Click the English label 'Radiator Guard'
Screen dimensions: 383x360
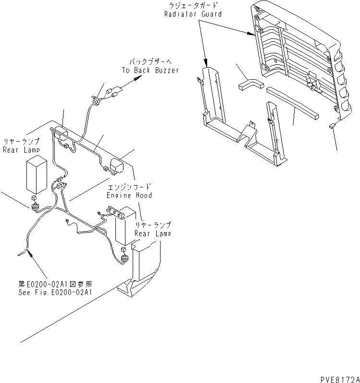(192, 14)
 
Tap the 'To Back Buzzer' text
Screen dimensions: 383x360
(150, 70)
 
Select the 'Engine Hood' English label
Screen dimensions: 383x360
(130, 195)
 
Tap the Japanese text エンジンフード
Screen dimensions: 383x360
(128, 187)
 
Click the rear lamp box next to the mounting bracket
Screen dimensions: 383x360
(126, 227)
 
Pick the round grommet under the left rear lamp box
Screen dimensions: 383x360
(35, 207)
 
